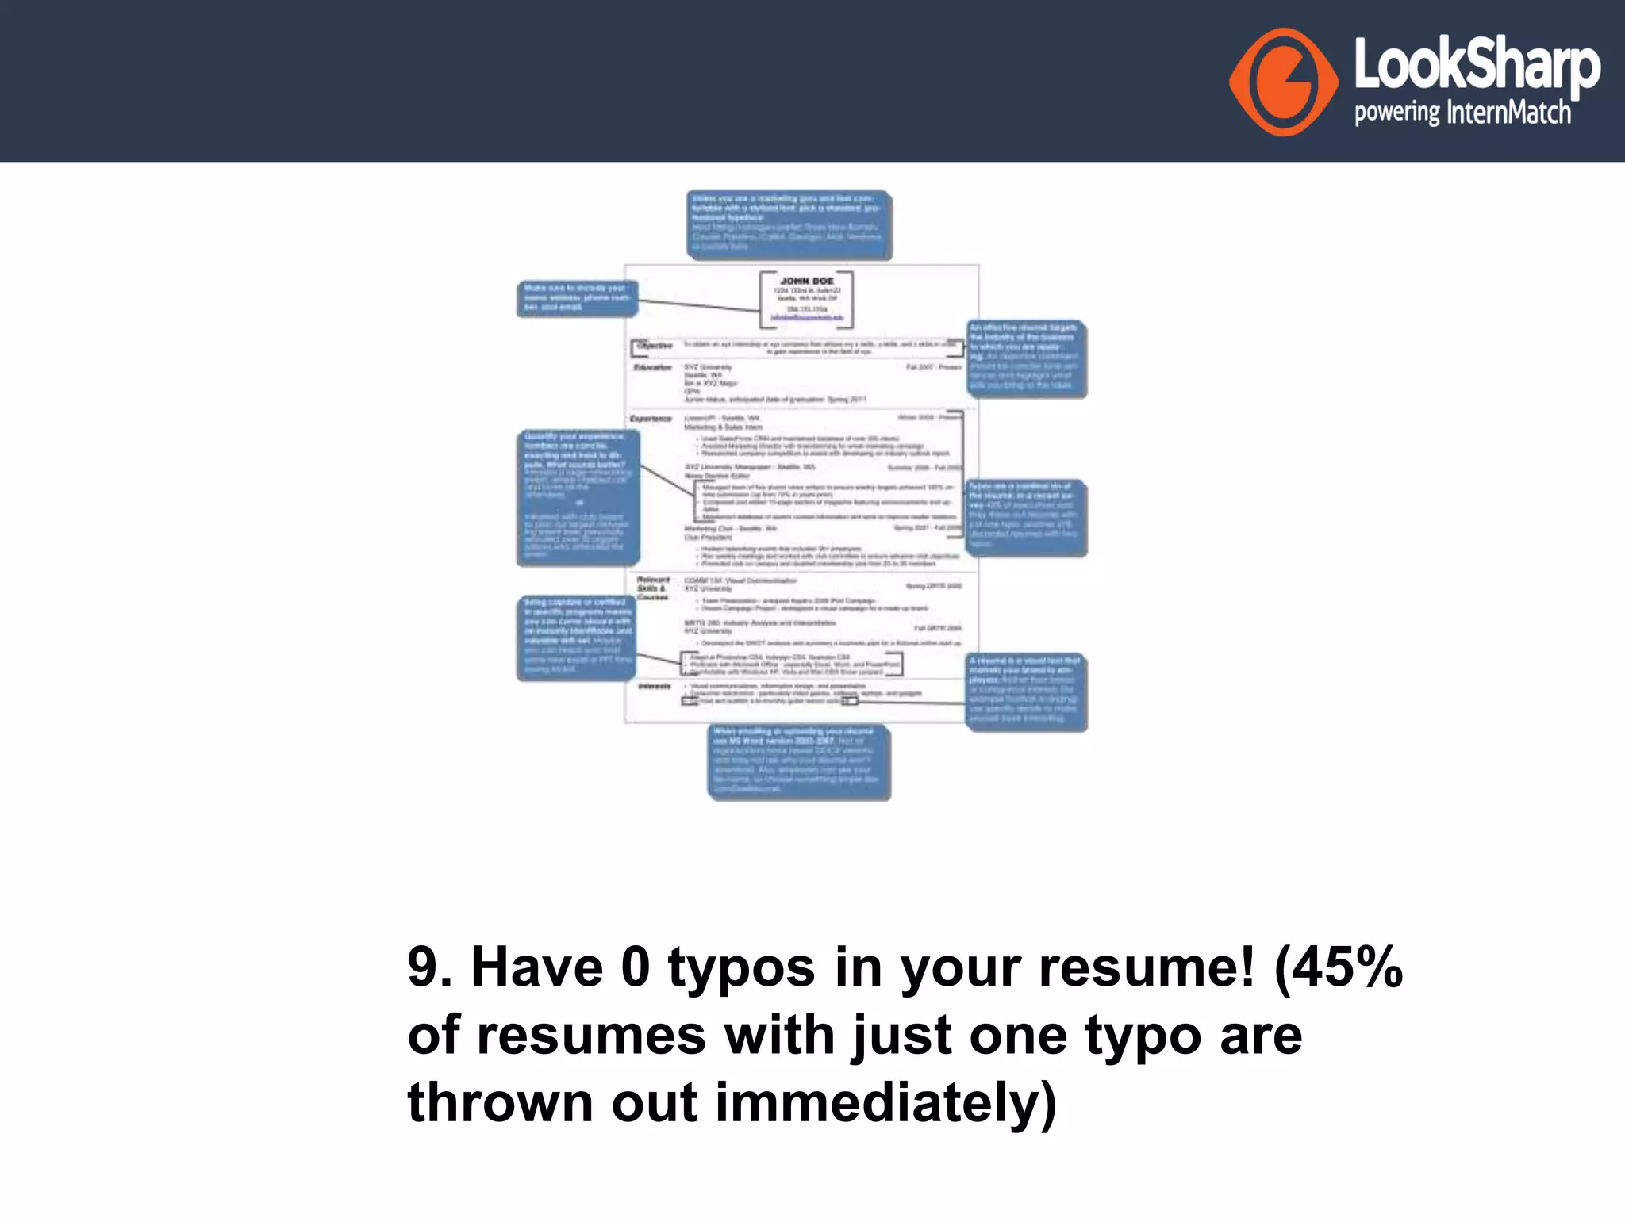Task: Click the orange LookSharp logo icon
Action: pyautogui.click(x=1283, y=82)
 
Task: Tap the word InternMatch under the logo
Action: pyautogui.click(x=1508, y=113)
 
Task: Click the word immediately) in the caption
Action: pyautogui.click(x=885, y=1103)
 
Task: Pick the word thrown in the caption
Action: pyautogui.click(x=500, y=1103)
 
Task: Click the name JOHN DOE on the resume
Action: pyautogui.click(x=807, y=281)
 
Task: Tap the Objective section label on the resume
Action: pyautogui.click(x=655, y=346)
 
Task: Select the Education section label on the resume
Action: pyautogui.click(x=652, y=367)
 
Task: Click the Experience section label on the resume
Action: pyautogui.click(x=651, y=418)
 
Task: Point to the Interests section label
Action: pyautogui.click(x=655, y=686)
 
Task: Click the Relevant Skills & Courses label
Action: pyautogui.click(x=653, y=588)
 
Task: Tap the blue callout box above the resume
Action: pyautogui.click(x=789, y=224)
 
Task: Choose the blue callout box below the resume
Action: pyautogui.click(x=798, y=760)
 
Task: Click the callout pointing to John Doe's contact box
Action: pyautogui.click(x=577, y=298)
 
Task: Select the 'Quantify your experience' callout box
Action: pyautogui.click(x=578, y=496)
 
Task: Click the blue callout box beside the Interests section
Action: pyautogui.click(x=1025, y=691)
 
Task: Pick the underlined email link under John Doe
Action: pyautogui.click(x=807, y=317)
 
